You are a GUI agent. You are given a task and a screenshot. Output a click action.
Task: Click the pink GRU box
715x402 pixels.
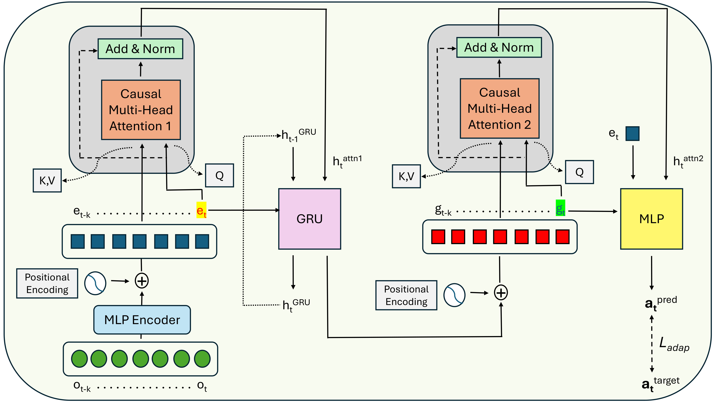click(309, 219)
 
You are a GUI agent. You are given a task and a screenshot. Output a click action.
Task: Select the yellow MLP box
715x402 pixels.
click(651, 219)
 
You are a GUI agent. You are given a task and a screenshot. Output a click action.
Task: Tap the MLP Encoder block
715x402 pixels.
click(142, 320)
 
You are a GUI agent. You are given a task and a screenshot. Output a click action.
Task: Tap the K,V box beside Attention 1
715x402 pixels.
click(47, 181)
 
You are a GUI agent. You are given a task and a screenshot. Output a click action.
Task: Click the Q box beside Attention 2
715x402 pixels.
click(579, 172)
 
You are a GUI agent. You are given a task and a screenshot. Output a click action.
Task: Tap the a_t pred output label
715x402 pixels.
click(660, 303)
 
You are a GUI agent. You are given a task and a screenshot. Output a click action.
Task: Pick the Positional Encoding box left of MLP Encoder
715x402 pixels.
click(47, 283)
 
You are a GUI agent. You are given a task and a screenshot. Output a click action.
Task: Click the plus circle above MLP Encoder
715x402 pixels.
click(142, 281)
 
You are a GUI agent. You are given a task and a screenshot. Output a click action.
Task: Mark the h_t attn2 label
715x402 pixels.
click(688, 161)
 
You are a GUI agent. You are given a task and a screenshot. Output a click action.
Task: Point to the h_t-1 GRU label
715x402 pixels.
click(298, 135)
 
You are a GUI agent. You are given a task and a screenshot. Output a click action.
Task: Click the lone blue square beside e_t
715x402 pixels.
click(632, 134)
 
